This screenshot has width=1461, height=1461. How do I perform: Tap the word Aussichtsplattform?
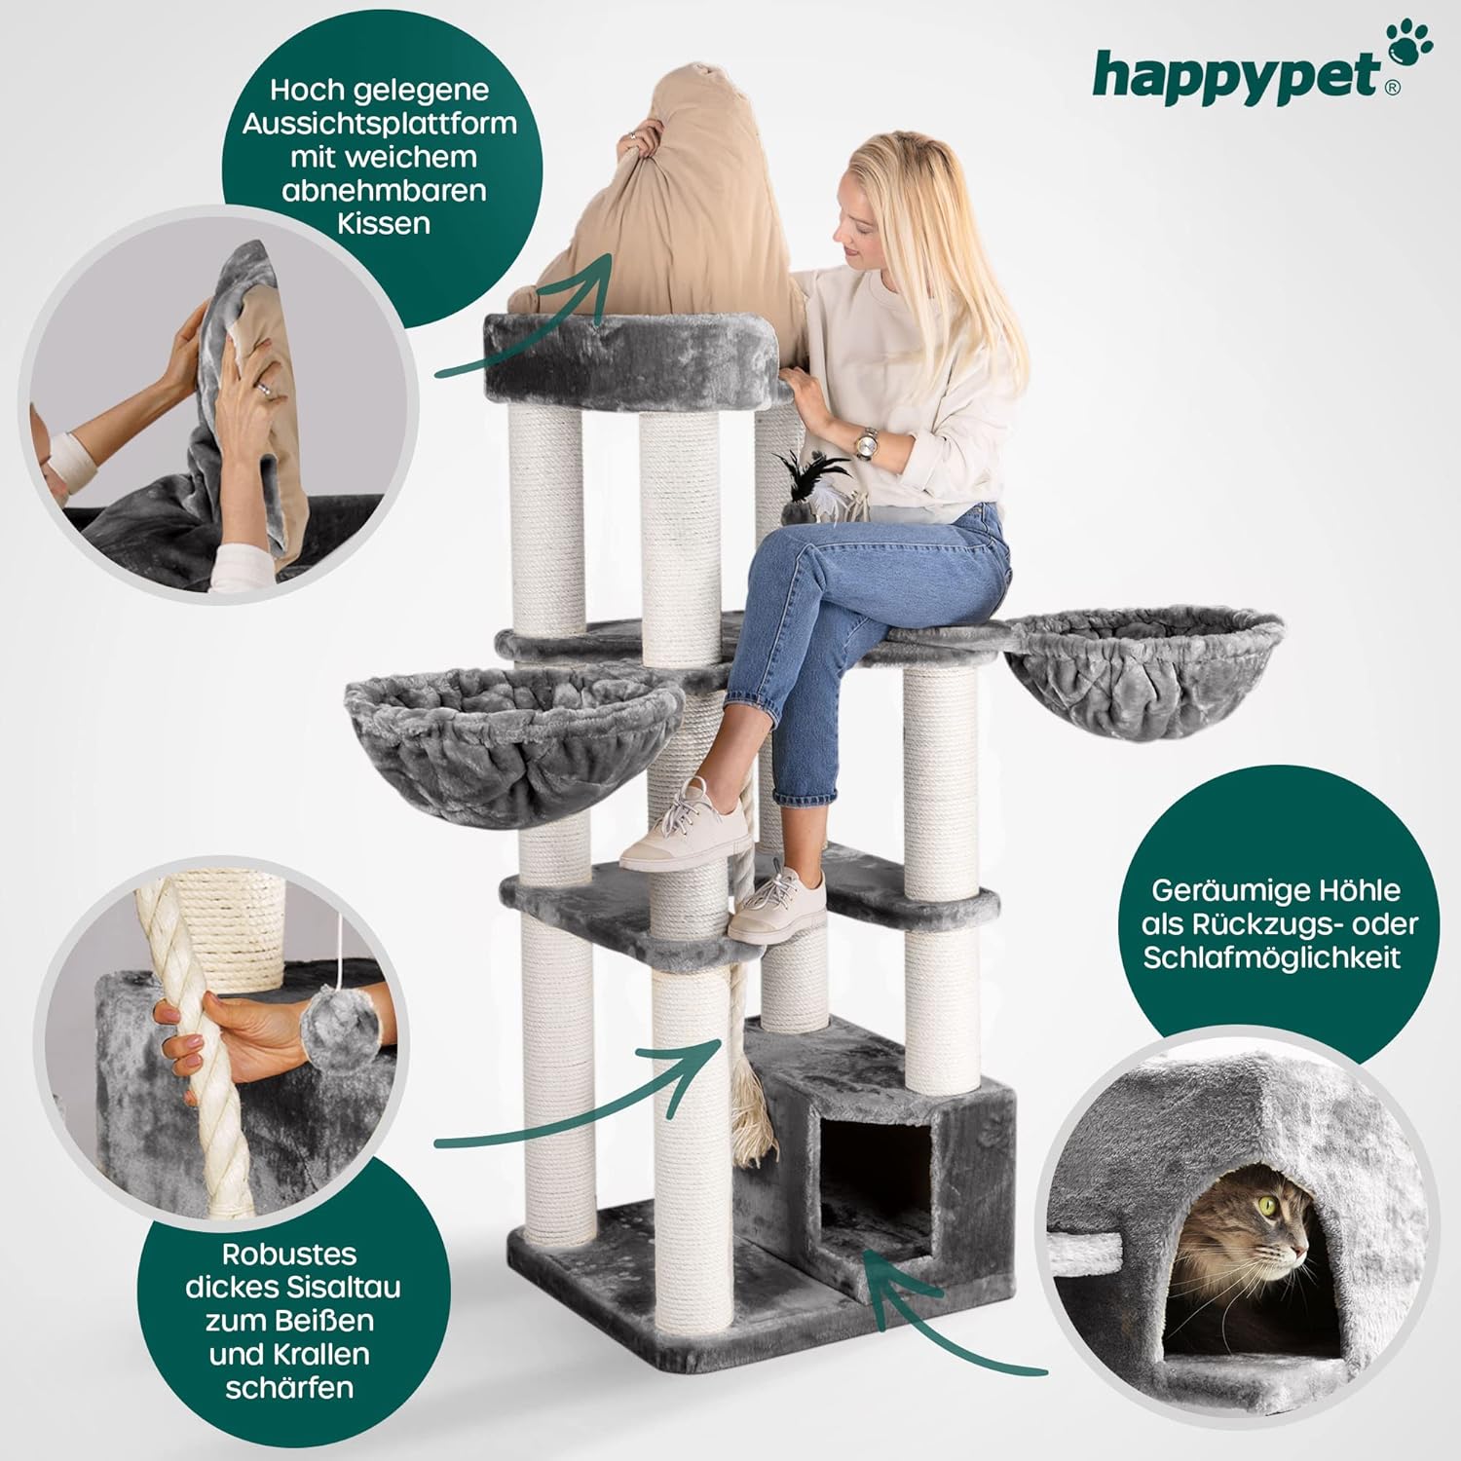[x=380, y=124]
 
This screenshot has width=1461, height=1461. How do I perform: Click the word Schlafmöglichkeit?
[x=1272, y=956]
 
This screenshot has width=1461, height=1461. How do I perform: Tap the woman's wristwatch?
[x=865, y=444]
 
